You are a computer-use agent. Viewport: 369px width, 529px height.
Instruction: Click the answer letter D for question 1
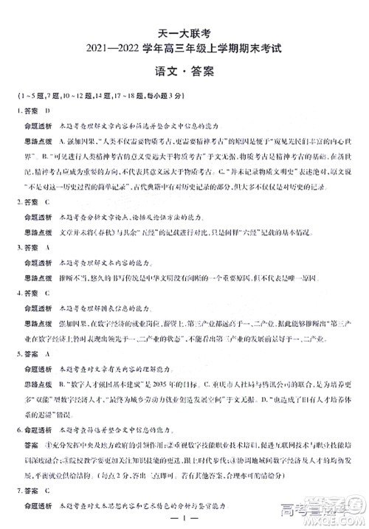click(47, 110)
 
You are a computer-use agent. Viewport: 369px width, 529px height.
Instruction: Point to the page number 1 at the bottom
click(184, 518)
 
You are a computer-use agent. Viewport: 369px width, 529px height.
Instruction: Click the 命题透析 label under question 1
click(37, 127)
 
